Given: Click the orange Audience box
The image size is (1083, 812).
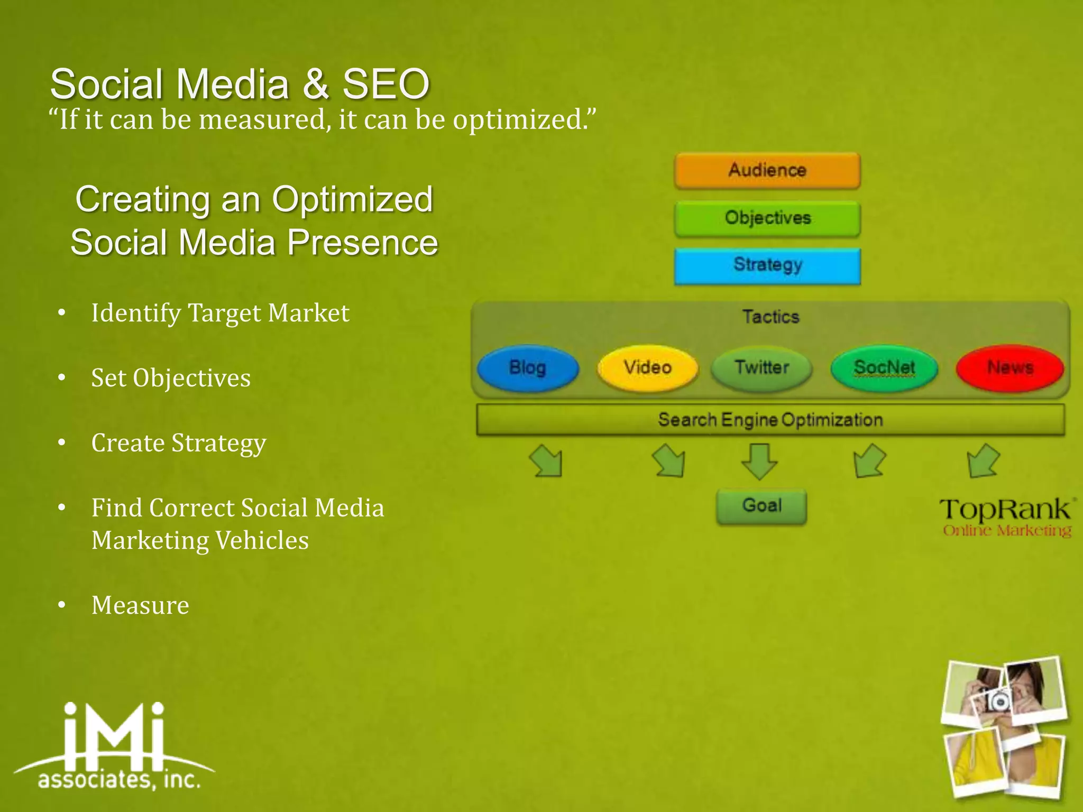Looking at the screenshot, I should click(767, 170).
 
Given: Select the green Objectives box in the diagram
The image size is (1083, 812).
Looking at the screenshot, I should click(767, 218).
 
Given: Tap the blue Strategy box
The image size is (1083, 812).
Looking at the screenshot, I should click(767, 265).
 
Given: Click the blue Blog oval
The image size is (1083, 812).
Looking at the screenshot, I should click(528, 368).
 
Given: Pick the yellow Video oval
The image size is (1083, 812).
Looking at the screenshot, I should click(647, 368).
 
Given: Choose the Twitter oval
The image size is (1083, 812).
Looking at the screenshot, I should click(761, 368).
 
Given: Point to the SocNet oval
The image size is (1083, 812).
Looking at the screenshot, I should click(884, 368).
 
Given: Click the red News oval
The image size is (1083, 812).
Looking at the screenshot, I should click(1010, 368).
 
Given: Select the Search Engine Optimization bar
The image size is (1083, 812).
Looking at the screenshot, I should click(770, 420).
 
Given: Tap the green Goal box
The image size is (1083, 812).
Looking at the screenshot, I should click(761, 506).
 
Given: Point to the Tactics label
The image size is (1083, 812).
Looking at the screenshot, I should click(770, 317).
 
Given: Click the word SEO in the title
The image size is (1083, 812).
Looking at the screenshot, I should click(386, 85).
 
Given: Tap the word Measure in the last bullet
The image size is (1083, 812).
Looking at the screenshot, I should click(140, 605).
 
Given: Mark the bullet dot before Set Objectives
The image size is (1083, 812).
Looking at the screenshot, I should click(62, 378).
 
